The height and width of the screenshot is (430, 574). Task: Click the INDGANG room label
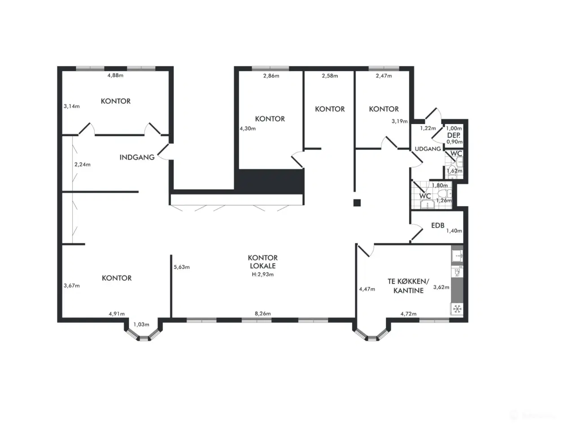(x=137, y=157)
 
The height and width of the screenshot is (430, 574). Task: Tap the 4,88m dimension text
(x=115, y=75)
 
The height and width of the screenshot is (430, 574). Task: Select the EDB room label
(x=438, y=225)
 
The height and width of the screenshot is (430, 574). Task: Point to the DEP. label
(x=454, y=135)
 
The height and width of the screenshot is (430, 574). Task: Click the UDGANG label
(x=427, y=149)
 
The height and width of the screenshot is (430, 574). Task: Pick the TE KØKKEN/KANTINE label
(x=408, y=286)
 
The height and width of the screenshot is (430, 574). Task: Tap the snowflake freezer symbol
(x=457, y=309)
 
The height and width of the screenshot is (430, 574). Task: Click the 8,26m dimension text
(x=263, y=314)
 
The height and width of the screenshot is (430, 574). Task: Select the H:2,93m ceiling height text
(x=263, y=274)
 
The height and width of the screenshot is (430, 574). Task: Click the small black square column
(x=357, y=202)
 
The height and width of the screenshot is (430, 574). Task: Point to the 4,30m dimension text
(x=248, y=129)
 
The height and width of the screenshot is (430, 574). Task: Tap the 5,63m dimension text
(x=182, y=267)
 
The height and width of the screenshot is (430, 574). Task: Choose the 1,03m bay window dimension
(x=141, y=324)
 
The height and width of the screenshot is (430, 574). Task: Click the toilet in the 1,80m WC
(x=444, y=193)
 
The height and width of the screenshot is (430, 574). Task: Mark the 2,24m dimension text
(x=83, y=164)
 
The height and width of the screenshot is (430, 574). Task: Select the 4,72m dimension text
(x=408, y=314)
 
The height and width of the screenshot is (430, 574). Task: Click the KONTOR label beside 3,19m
(x=384, y=109)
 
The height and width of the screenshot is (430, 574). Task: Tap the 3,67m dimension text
(x=72, y=285)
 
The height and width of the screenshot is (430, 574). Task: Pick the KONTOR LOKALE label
(x=263, y=262)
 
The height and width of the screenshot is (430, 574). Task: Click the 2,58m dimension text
(x=330, y=76)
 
